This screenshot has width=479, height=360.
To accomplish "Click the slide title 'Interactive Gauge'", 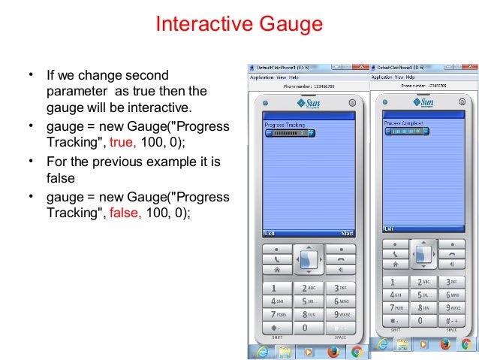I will (239, 24).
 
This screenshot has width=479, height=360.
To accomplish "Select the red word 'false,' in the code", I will (125, 213).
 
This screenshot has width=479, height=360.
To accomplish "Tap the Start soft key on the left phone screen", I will (346, 233).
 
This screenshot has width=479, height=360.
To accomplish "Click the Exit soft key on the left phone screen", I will (269, 233).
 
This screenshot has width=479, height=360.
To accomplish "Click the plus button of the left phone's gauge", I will (312, 132).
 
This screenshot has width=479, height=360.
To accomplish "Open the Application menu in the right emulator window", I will (382, 77).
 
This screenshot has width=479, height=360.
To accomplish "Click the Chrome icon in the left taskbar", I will (357, 352).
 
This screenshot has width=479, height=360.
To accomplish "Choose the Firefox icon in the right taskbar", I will (444, 344).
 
